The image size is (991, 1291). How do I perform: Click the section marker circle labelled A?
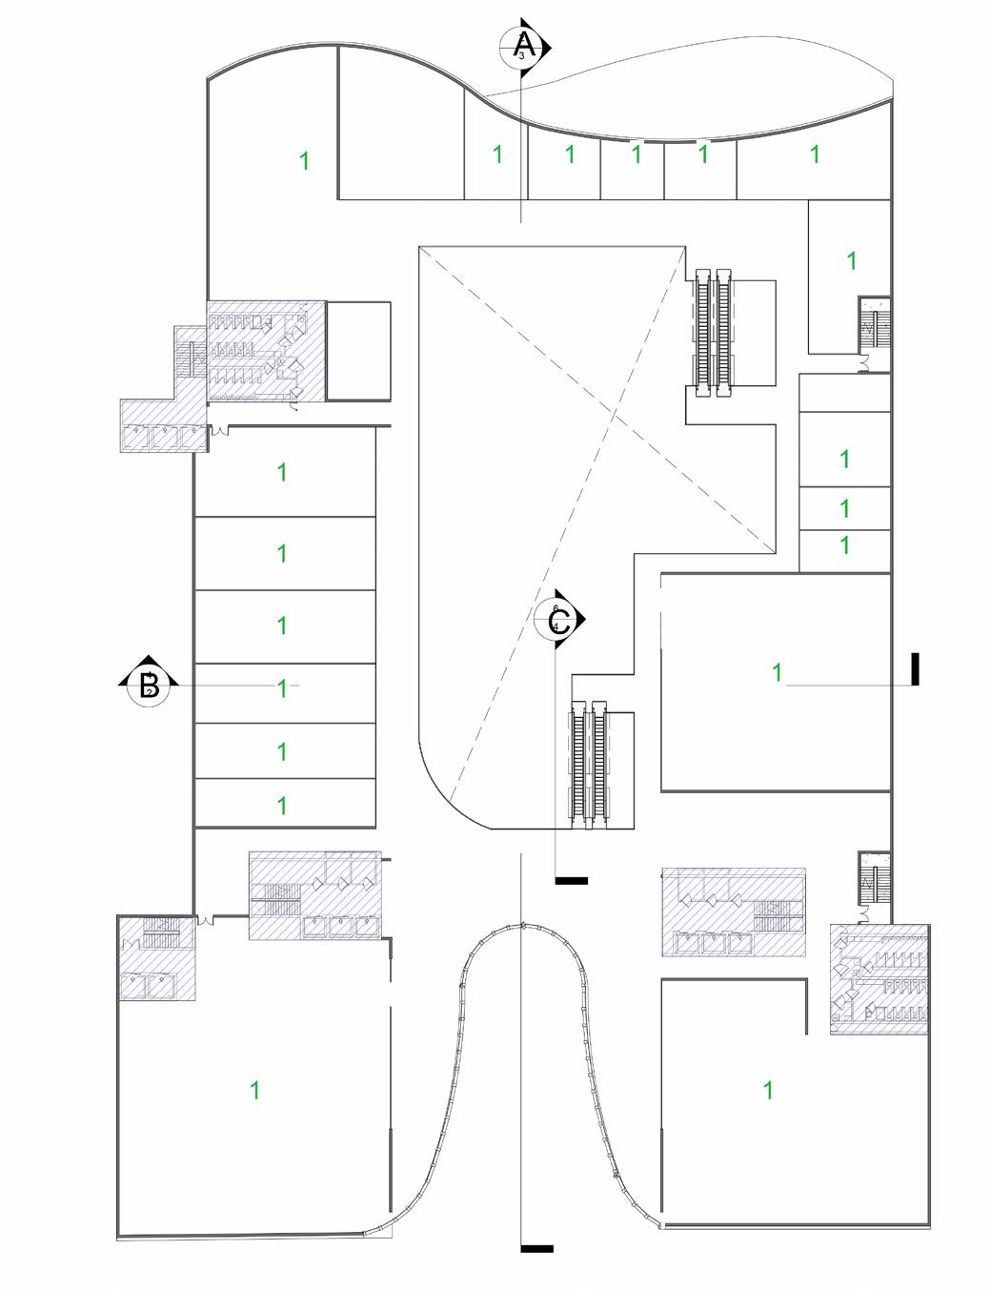click(x=522, y=45)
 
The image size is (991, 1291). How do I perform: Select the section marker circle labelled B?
click(x=149, y=685)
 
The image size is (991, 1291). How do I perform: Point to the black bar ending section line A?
click(x=536, y=1248)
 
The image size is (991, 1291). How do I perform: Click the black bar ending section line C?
click(x=571, y=880)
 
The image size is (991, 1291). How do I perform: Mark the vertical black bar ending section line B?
click(x=915, y=668)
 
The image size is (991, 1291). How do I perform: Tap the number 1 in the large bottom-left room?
click(x=254, y=1089)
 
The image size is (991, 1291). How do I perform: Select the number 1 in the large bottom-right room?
click(x=769, y=1089)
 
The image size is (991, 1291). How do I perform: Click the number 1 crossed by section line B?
click(x=282, y=687)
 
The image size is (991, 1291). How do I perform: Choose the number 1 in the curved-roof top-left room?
click(x=305, y=160)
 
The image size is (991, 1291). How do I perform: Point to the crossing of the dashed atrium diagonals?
click(x=612, y=412)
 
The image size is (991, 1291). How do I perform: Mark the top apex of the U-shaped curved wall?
click(x=522, y=924)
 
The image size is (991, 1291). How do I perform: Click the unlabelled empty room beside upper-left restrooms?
click(x=358, y=351)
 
